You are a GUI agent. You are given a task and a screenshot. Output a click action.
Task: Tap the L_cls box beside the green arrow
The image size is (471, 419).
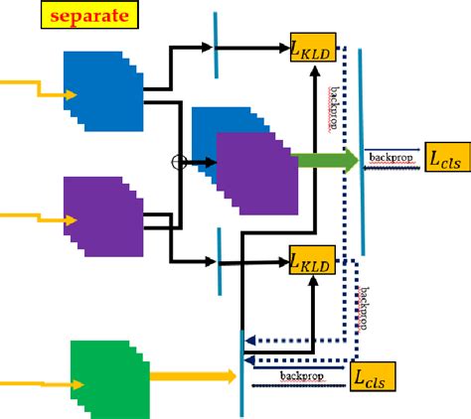[x=444, y=157]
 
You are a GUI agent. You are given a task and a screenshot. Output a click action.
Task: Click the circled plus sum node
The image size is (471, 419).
[x=180, y=162]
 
